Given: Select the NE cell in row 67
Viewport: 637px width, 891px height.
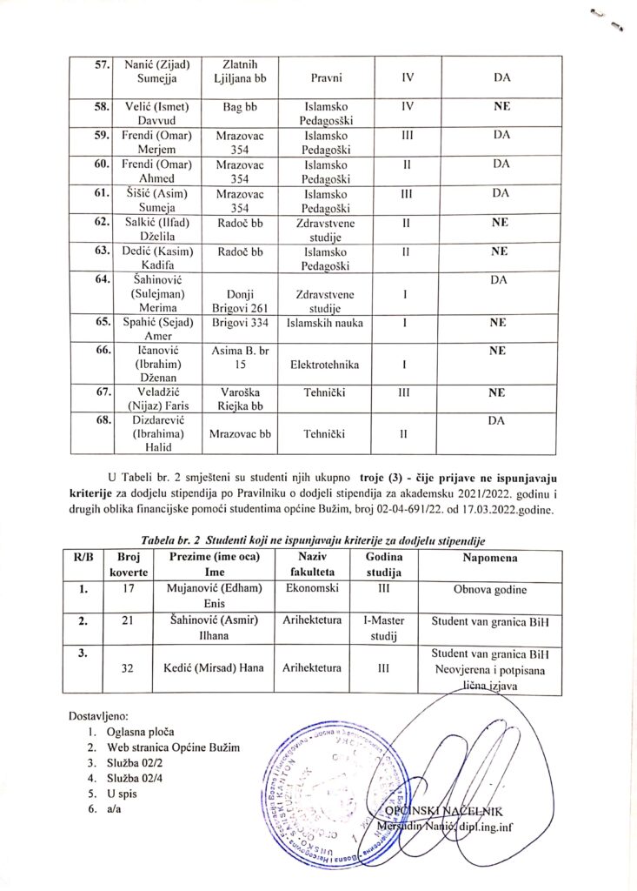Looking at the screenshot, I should (x=498, y=392).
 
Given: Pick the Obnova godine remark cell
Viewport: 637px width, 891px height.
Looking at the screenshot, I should (x=489, y=590).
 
